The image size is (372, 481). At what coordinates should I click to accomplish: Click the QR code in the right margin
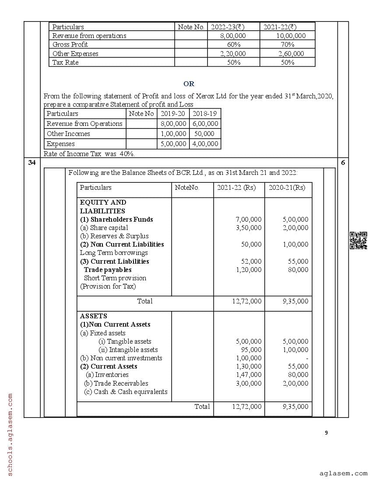(358, 240)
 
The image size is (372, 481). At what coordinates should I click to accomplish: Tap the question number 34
(32, 163)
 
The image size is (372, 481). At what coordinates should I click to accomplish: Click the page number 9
(326, 433)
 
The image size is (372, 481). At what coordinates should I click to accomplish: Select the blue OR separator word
(189, 84)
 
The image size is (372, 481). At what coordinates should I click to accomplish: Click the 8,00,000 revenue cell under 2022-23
(233, 36)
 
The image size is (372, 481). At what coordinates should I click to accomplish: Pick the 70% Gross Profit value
(288, 45)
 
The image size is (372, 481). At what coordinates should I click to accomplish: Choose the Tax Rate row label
(66, 63)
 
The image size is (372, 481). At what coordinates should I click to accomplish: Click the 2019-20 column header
(173, 114)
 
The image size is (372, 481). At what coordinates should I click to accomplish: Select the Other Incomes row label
(68, 134)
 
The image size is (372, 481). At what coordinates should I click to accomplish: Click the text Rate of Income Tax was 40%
(89, 154)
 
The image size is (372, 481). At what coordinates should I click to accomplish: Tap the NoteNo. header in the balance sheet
(187, 188)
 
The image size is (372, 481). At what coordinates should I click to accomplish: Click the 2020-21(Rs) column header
(287, 188)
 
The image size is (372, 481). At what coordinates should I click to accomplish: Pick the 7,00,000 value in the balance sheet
(249, 220)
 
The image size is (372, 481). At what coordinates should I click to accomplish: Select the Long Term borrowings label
(114, 253)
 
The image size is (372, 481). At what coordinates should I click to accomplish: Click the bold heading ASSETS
(93, 316)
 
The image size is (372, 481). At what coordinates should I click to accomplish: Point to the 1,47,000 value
(249, 375)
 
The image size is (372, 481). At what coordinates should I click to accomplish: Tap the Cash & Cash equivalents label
(126, 392)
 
